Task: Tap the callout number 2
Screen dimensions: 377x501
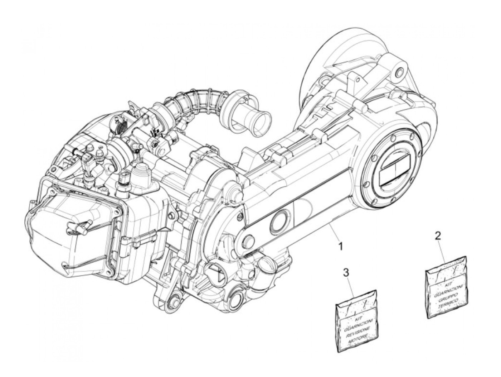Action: (438, 236)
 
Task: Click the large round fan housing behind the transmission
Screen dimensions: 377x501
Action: (333, 65)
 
